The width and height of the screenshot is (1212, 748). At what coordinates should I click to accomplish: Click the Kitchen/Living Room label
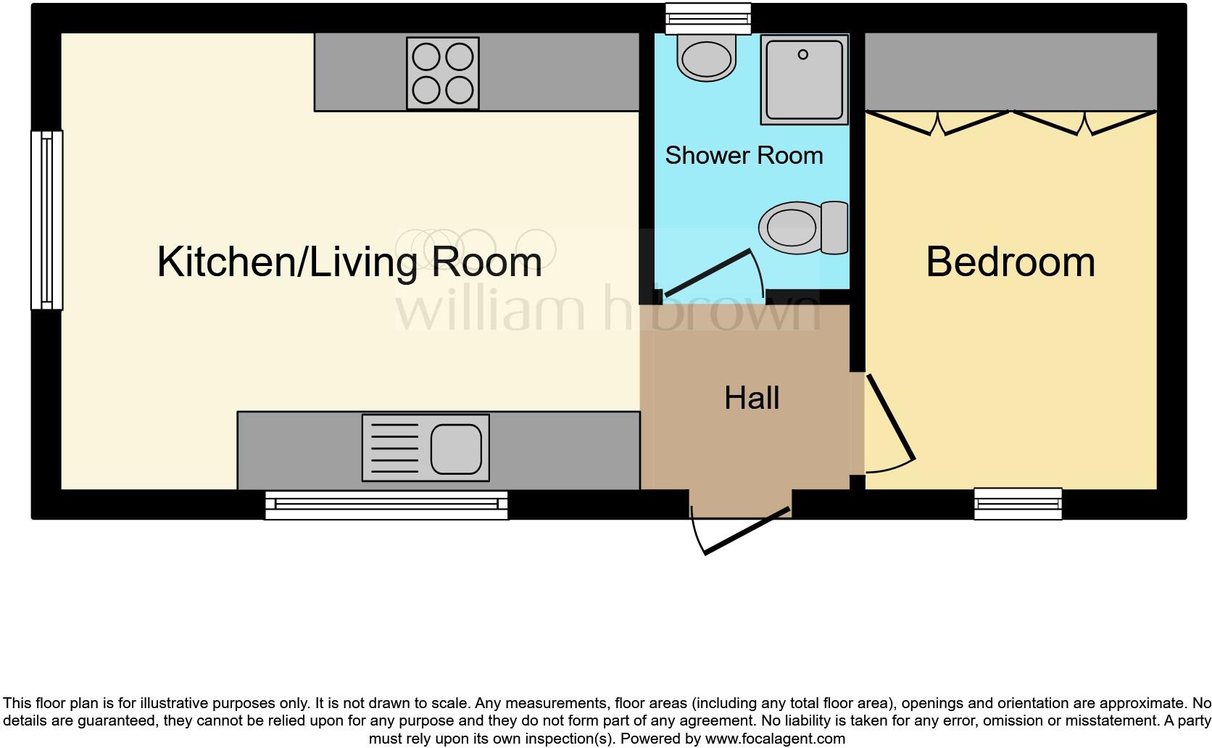(x=349, y=262)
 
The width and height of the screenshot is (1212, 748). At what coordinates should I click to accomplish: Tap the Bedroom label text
(x=1010, y=262)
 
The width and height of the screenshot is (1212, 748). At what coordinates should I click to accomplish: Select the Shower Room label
(x=744, y=155)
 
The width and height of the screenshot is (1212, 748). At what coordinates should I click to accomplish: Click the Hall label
(x=752, y=398)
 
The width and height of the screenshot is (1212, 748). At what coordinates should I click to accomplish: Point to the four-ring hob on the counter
(x=442, y=73)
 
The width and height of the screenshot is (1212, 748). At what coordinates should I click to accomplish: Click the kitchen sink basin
(x=456, y=448)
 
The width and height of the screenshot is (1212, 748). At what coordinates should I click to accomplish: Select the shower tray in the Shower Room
(x=804, y=80)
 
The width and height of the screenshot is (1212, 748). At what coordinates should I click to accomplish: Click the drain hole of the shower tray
(x=802, y=54)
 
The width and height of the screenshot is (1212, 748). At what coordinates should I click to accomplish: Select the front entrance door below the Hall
(x=747, y=532)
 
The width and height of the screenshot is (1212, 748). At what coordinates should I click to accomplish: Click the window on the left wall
(x=46, y=220)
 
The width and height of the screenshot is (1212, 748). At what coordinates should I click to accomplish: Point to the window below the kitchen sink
(x=386, y=505)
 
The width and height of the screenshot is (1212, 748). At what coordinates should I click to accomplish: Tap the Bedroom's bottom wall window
(x=1018, y=504)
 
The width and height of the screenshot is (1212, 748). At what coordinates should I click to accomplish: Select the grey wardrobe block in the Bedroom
(x=1010, y=71)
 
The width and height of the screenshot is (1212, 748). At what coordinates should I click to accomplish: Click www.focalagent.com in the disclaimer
(x=774, y=739)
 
